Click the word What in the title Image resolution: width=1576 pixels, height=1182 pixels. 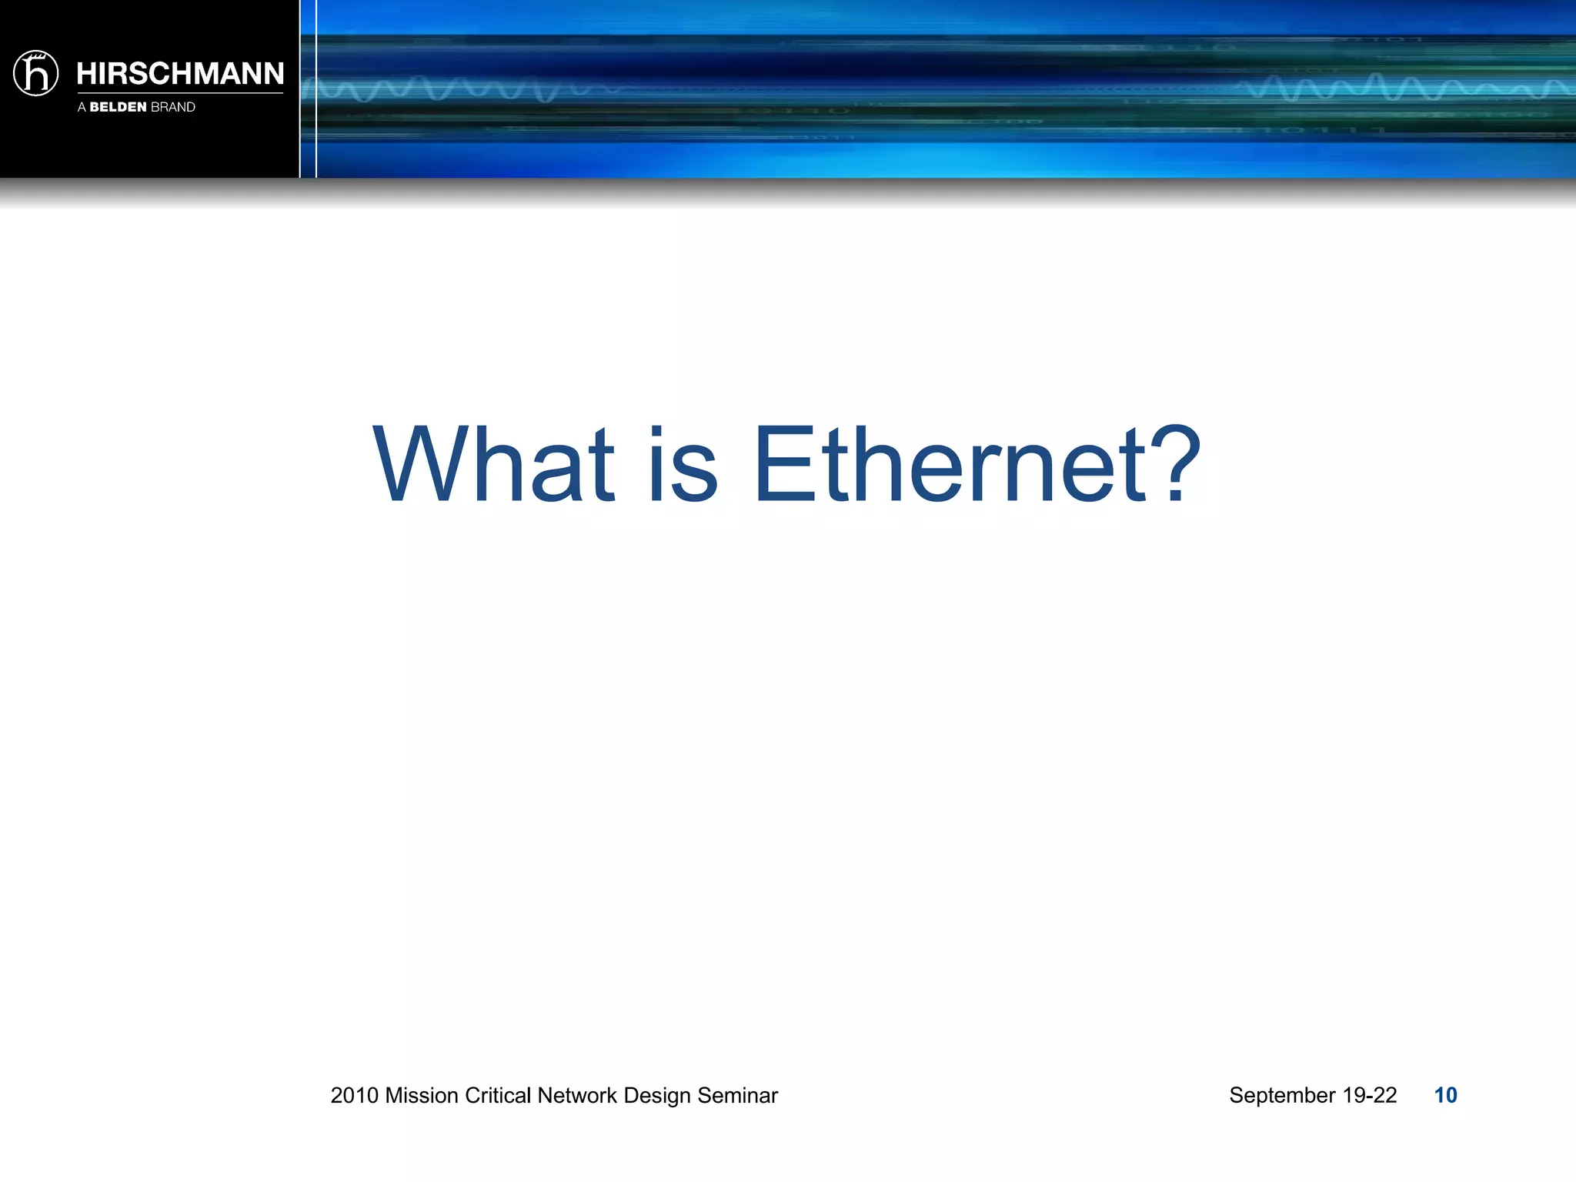coord(493,465)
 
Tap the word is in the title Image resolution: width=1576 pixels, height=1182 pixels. coord(683,465)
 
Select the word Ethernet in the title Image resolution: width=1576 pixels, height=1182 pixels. coord(954,465)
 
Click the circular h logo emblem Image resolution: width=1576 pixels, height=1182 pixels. coord(36,74)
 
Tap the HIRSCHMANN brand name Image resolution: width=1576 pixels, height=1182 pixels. coord(180,74)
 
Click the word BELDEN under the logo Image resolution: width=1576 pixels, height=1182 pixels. coord(118,107)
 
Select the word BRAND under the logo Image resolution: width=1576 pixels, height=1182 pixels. coord(173,107)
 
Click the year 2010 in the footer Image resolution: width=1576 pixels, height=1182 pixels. coord(354,1095)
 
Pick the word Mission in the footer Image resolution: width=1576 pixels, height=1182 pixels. coord(422,1095)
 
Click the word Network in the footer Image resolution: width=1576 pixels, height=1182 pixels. coord(577,1095)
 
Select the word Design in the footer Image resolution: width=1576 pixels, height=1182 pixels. coord(657,1095)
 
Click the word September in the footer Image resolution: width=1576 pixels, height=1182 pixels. coord(1282,1095)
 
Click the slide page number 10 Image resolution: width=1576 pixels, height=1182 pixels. coord(1445,1095)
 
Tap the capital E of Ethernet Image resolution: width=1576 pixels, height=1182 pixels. coord(783,465)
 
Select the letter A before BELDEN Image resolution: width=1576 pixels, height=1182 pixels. coord(82,107)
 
